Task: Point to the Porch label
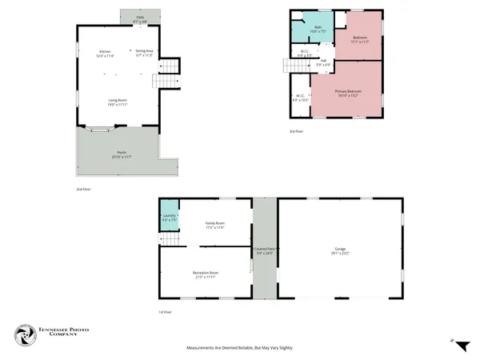click(x=122, y=154)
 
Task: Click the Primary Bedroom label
click(x=348, y=93)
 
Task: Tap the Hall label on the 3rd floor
click(x=323, y=62)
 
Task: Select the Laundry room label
click(x=169, y=218)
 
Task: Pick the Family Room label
click(x=214, y=225)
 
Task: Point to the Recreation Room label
click(x=206, y=275)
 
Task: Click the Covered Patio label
click(x=265, y=251)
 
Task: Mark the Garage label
click(x=341, y=251)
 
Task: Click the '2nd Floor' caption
click(x=82, y=189)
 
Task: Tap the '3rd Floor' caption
click(x=296, y=132)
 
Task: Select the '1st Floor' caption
click(x=165, y=313)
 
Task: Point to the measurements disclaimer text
click(x=239, y=348)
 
